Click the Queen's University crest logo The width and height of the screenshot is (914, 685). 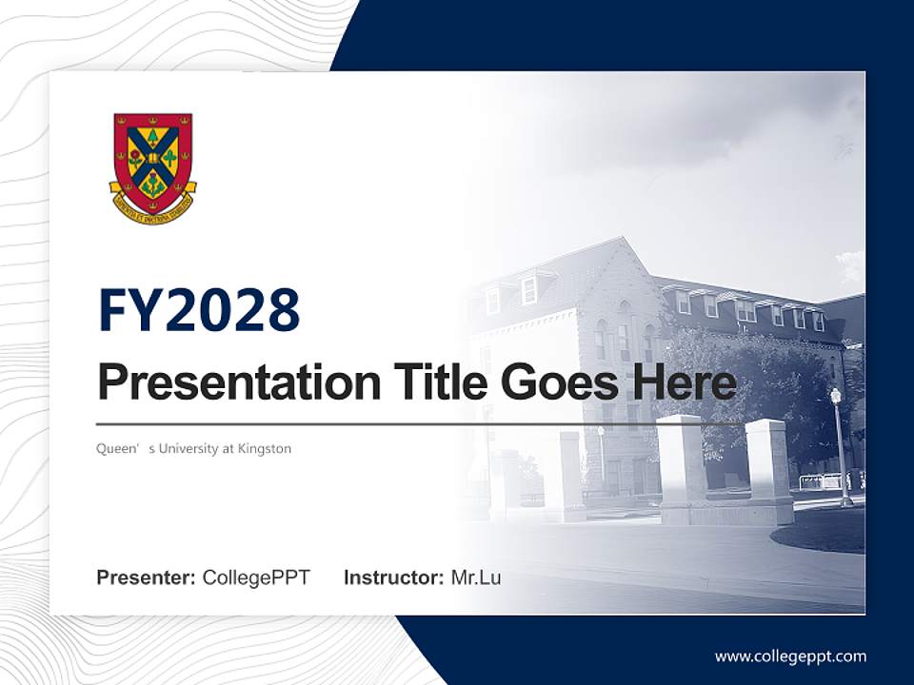coord(152,166)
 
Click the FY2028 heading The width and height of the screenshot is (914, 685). coord(199,310)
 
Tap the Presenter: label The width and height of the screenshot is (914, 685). coord(146,577)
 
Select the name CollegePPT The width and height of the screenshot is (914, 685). coord(256,577)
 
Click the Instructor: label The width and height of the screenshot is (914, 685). coord(393,577)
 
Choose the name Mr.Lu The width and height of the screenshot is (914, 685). coord(475,577)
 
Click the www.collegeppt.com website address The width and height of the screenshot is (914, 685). coord(790,656)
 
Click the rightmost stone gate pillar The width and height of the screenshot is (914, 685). coord(767,471)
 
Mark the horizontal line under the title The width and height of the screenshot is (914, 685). coord(419,423)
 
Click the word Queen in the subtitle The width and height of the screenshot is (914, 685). coord(114,448)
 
